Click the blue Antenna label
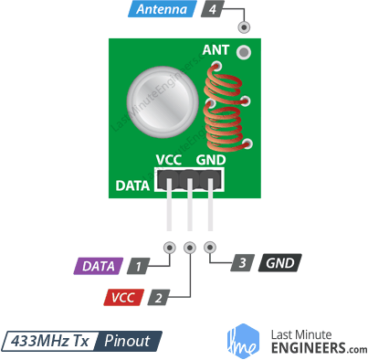point(163,11)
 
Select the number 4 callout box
point(213,11)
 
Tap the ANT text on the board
point(216,50)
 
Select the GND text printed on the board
point(210,161)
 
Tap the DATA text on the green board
point(133,186)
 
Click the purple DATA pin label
point(98,267)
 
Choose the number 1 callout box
point(137,267)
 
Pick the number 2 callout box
point(159,297)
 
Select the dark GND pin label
point(279,263)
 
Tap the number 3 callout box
point(240,263)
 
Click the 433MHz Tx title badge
point(49,341)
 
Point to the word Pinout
point(128,341)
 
